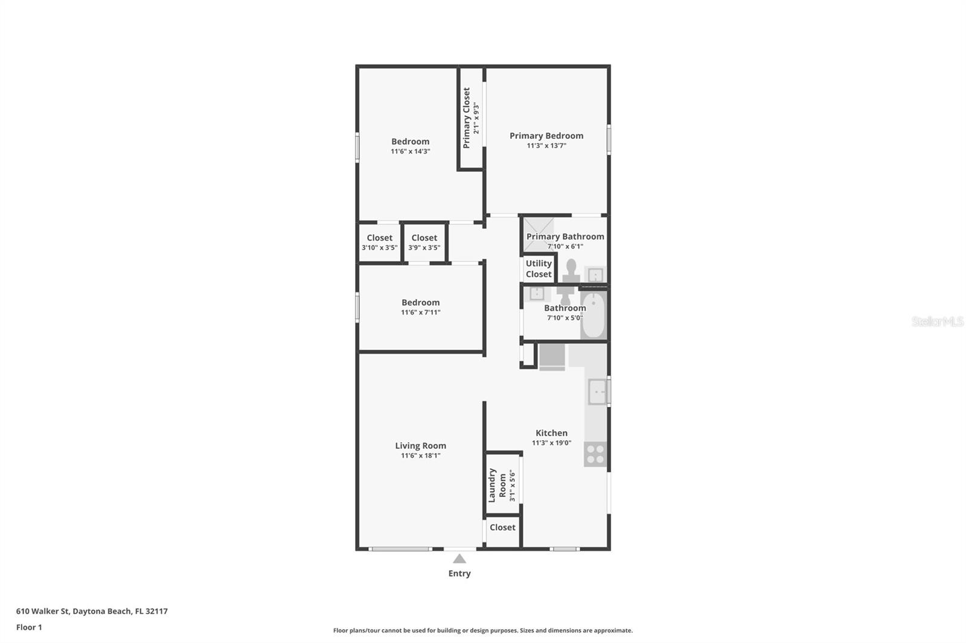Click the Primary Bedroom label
(x=546, y=136)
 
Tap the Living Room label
(x=420, y=446)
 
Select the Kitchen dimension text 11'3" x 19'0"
(x=552, y=443)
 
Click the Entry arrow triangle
(x=459, y=559)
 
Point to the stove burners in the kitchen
(x=595, y=454)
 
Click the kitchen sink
(x=598, y=391)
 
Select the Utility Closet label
(x=539, y=268)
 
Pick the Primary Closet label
(x=466, y=118)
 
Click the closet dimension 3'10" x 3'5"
(x=380, y=247)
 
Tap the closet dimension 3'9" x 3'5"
(x=424, y=247)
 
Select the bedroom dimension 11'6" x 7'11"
(x=420, y=312)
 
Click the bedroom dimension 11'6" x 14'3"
(x=410, y=151)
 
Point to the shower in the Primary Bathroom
(x=538, y=235)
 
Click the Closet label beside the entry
(x=502, y=527)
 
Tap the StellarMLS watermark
(x=938, y=321)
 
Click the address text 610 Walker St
(x=43, y=610)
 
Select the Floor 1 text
(x=29, y=627)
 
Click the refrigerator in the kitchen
(x=552, y=357)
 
